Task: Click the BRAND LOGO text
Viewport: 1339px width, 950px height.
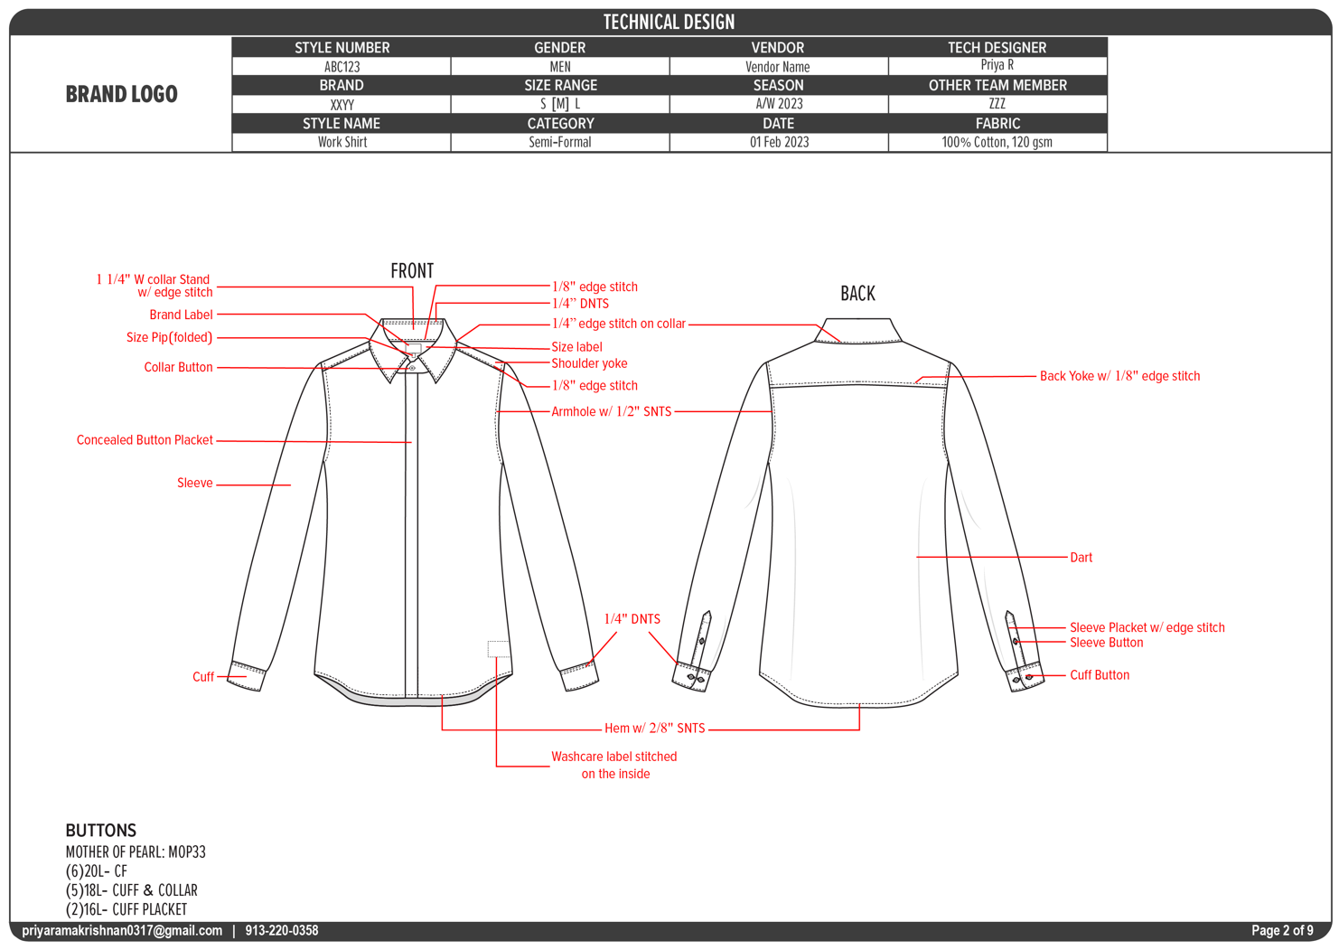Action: (121, 94)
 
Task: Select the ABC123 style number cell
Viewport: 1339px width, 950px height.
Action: (342, 67)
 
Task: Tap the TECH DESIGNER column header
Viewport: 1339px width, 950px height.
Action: (997, 47)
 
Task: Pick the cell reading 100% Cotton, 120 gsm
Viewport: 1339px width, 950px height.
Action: (997, 142)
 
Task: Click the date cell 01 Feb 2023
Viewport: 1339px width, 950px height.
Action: (779, 142)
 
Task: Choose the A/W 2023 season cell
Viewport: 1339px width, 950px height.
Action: (779, 104)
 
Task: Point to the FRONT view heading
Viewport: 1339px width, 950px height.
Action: (412, 270)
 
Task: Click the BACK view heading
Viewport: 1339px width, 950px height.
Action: (857, 293)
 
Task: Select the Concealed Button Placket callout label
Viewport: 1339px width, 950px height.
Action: (145, 440)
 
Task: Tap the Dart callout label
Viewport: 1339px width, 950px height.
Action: (1081, 558)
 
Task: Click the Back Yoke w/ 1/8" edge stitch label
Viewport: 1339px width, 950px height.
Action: (1119, 376)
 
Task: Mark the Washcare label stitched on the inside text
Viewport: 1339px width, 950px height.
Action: (614, 765)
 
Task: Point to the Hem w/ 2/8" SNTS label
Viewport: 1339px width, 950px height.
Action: (654, 728)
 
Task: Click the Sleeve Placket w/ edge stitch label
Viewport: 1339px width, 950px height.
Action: (1147, 627)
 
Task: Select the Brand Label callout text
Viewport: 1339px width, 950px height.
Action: (181, 315)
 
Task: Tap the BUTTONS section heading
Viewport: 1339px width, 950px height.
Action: (101, 830)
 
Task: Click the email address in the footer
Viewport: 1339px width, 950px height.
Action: (122, 930)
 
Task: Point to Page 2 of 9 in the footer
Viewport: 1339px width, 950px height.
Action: (1282, 930)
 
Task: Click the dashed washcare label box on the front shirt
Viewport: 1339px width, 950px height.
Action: (498, 648)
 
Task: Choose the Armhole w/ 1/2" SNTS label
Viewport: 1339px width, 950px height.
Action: (612, 411)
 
